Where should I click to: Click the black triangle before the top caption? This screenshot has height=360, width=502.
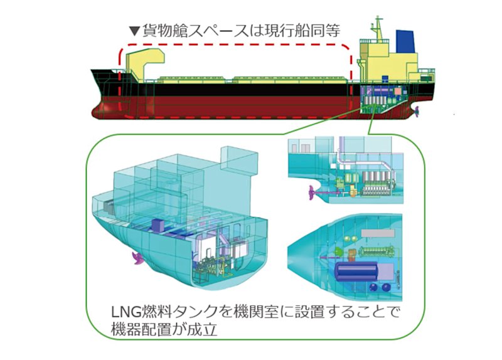pos(132,29)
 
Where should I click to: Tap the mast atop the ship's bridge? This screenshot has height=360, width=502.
pos(377,28)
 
